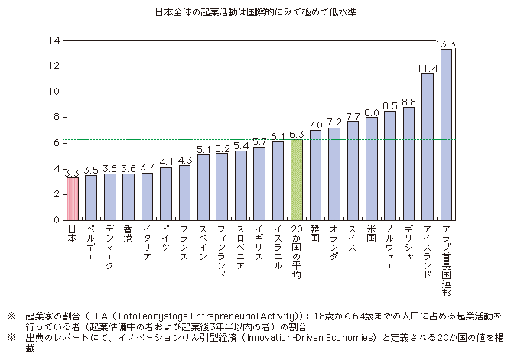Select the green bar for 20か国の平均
click(297, 180)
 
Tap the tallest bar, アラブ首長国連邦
click(446, 135)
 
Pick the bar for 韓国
click(315, 175)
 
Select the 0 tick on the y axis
click(56, 220)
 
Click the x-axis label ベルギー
click(90, 245)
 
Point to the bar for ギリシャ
click(409, 164)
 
